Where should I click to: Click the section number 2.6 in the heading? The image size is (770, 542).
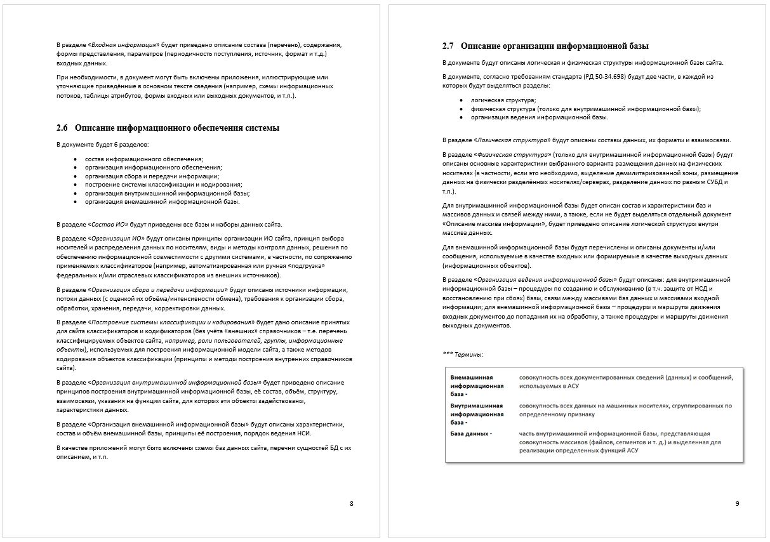click(x=62, y=128)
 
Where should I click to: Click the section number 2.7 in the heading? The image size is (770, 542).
click(x=448, y=46)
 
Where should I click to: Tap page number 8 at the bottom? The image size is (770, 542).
click(x=352, y=504)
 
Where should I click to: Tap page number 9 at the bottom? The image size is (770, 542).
click(x=737, y=504)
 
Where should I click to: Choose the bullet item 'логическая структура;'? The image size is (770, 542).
click(x=503, y=100)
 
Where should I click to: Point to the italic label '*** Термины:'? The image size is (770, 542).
click(x=463, y=354)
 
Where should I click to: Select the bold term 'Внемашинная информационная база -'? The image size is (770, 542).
click(x=477, y=385)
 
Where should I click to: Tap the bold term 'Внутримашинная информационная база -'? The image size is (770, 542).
click(x=477, y=414)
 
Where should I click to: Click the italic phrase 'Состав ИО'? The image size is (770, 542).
click(x=109, y=225)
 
